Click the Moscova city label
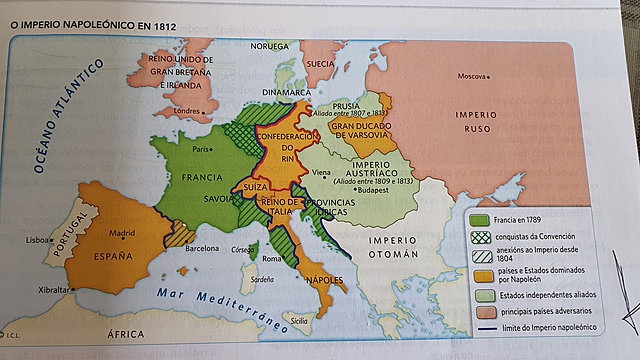pyautogui.click(x=472, y=77)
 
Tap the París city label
pyautogui.click(x=203, y=149)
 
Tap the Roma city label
pyautogui.click(x=273, y=258)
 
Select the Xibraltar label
pyautogui.click(x=56, y=290)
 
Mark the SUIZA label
pyautogui.click(x=255, y=187)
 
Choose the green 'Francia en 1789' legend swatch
pyautogui.click(x=479, y=219)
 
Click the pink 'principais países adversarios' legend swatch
pyautogui.click(x=479, y=310)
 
